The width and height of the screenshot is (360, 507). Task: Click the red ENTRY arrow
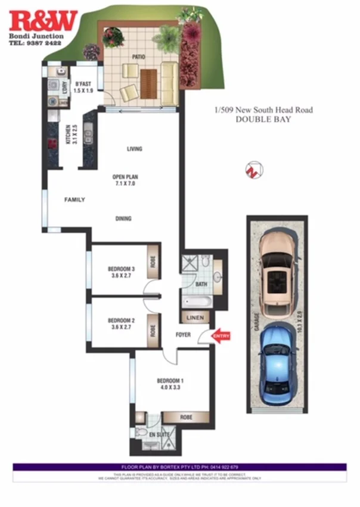click(x=220, y=337)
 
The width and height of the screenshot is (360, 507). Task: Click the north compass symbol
click(x=253, y=170)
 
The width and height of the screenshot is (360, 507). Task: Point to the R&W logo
click(x=43, y=21)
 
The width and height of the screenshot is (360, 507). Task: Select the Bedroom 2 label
click(x=121, y=321)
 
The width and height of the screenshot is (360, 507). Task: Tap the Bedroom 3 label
click(x=121, y=269)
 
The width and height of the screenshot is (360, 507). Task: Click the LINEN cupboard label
click(x=195, y=318)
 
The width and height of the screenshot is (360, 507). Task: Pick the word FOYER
click(x=183, y=335)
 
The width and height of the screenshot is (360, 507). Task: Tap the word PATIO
click(x=139, y=57)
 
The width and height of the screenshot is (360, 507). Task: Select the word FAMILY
click(x=75, y=200)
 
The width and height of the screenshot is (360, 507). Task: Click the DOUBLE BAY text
click(x=263, y=119)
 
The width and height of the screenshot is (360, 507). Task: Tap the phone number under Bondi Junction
click(x=35, y=43)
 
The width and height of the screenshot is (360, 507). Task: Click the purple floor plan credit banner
click(x=179, y=466)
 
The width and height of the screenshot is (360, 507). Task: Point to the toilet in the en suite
click(x=139, y=433)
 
